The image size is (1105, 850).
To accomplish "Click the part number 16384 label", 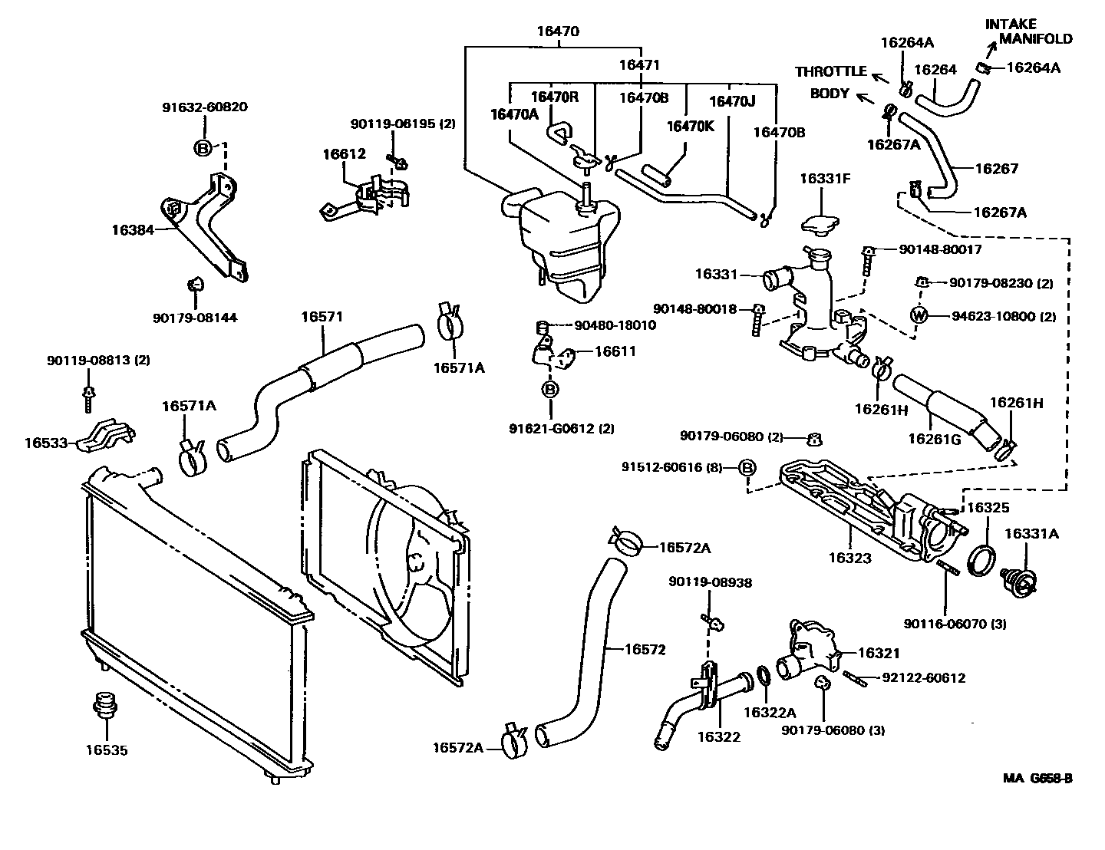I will [134, 229].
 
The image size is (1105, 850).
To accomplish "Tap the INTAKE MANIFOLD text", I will [1028, 31].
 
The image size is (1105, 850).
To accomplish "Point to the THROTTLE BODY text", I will [830, 82].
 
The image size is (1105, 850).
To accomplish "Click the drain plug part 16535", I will [101, 706].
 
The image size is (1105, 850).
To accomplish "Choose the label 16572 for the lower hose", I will [644, 649].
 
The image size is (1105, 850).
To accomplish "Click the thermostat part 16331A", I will [1019, 581].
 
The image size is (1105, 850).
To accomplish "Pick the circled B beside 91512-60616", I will [747, 467].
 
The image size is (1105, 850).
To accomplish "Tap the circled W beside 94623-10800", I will [919, 315].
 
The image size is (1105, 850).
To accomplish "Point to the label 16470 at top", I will [558, 32].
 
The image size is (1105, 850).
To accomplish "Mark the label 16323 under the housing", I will [849, 558].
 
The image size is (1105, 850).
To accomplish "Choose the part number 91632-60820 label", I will [204, 107].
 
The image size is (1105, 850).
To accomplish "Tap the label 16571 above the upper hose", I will [322, 316].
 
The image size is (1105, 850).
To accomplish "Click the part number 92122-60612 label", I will [923, 677].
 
